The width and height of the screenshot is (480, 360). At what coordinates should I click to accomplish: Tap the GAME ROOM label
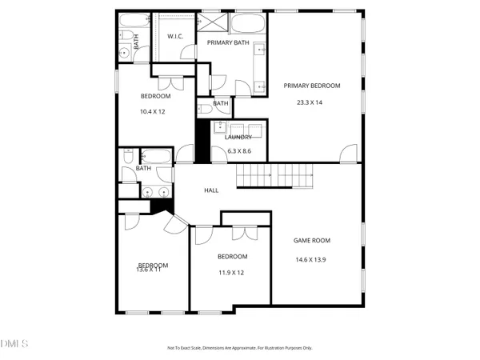(312, 240)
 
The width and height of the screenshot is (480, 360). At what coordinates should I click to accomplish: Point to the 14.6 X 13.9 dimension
(312, 259)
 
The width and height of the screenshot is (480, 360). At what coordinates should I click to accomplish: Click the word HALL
(211, 190)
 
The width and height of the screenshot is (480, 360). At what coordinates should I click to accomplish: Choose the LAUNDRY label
(238, 137)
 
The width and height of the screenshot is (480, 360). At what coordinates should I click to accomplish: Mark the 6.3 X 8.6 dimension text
(239, 150)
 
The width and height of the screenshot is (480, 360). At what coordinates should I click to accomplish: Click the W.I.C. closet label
(176, 37)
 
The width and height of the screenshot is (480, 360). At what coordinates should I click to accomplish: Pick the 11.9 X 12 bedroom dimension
(232, 272)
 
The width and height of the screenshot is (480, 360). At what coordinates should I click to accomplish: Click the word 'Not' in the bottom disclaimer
(170, 348)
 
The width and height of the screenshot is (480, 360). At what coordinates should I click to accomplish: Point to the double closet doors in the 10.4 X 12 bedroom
(168, 82)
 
